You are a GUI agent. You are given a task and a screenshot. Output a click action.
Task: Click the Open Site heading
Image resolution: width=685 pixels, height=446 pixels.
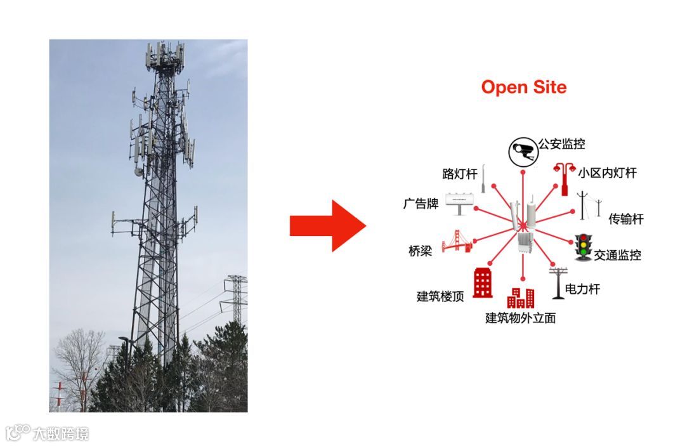[523, 87]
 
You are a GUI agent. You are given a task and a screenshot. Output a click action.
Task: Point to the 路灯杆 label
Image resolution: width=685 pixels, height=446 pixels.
[460, 174]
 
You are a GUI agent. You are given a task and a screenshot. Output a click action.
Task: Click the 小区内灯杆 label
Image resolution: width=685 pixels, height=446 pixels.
[607, 173]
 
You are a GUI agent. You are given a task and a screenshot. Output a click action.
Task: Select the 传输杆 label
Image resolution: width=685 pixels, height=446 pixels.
[626, 219]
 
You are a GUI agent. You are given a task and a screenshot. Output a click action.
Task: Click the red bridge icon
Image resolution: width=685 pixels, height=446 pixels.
[456, 242]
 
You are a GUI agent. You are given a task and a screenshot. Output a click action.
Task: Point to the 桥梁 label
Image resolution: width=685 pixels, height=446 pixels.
[420, 251]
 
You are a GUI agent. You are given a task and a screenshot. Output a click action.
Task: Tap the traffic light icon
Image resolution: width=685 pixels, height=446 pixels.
[583, 247]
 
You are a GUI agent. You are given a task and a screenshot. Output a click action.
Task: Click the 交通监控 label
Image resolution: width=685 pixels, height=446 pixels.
[618, 255]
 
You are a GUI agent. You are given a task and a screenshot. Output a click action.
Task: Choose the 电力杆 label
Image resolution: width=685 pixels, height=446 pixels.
[582, 289]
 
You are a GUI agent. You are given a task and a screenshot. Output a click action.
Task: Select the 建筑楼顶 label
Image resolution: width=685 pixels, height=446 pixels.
[440, 296]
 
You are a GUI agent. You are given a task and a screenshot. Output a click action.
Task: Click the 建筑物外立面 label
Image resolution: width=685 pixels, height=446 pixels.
[520, 318]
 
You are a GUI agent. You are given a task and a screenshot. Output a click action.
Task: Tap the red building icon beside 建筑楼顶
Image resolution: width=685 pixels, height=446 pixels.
[483, 283]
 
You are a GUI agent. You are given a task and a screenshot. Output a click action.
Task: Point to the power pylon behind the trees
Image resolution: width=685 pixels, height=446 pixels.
[236, 298]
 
